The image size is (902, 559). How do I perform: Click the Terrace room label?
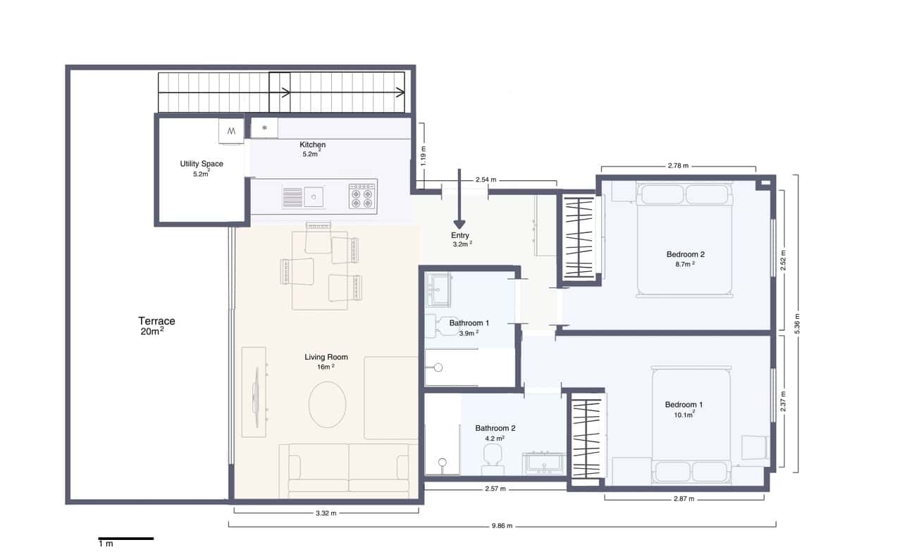(x=156, y=321)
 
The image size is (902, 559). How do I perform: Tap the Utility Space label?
(x=202, y=164)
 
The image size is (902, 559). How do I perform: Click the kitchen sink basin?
(x=314, y=196)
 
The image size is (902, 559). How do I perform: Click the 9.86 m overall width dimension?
(x=502, y=526)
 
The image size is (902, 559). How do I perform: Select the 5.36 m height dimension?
(x=797, y=324)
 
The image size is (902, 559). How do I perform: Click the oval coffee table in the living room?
(x=327, y=404)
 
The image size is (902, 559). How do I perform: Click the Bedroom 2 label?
(x=685, y=254)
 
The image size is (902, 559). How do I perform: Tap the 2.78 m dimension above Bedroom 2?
(x=678, y=166)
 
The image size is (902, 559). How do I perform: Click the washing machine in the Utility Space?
(x=231, y=130)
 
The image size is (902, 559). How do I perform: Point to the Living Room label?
(x=326, y=357)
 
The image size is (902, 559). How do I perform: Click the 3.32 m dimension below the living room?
(x=326, y=513)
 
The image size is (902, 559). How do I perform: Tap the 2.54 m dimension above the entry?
(x=487, y=180)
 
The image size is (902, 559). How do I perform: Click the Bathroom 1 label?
(x=469, y=323)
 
